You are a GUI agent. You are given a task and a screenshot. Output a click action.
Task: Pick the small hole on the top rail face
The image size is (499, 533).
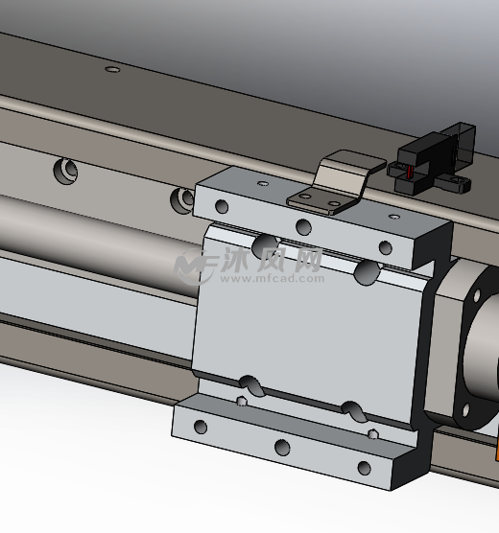pos(112,69)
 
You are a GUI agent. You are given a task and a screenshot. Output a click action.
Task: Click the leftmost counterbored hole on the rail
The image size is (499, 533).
pos(65,171)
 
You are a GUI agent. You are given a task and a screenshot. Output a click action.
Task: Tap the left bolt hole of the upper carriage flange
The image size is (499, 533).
pos(222,206)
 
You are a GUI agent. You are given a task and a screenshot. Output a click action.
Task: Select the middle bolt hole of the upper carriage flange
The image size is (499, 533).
pos(303,227)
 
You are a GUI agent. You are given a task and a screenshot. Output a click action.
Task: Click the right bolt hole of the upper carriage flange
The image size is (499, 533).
pos(386,247)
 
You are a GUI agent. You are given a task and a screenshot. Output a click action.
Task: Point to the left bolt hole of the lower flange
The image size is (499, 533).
pos(201,427)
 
